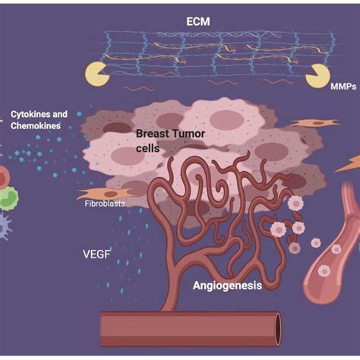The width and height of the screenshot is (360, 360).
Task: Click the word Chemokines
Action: click(35, 126)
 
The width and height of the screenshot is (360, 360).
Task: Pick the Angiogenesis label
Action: click(227, 286)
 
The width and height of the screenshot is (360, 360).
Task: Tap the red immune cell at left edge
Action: click(4, 178)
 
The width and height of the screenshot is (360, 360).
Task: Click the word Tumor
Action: click(190, 134)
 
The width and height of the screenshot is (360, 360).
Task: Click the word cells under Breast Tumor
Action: click(147, 149)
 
